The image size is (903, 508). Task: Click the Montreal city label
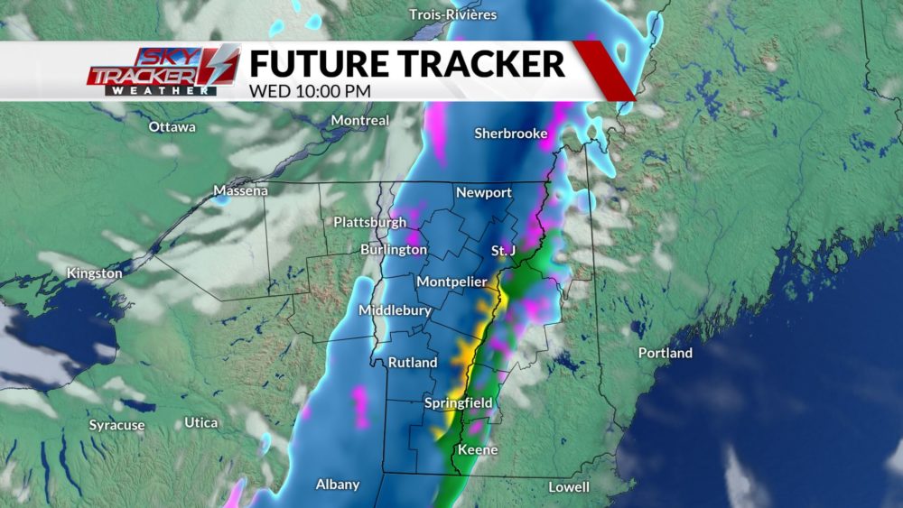tap(360, 120)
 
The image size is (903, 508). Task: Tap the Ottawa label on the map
tap(172, 127)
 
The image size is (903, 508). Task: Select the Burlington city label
tap(394, 249)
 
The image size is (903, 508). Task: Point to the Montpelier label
tap(452, 282)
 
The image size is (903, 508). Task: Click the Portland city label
tap(665, 353)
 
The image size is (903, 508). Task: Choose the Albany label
tap(338, 485)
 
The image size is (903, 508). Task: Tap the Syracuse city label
tap(116, 425)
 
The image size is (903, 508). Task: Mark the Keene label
tap(479, 449)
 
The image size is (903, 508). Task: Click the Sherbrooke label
tap(511, 134)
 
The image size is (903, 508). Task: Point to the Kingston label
tap(94, 272)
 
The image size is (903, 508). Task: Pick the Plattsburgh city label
tap(368, 222)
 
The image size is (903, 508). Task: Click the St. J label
tap(503, 249)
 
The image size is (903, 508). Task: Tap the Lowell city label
tap(569, 487)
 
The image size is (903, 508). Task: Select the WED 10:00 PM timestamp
tap(308, 90)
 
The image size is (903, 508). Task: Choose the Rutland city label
tap(413, 363)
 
